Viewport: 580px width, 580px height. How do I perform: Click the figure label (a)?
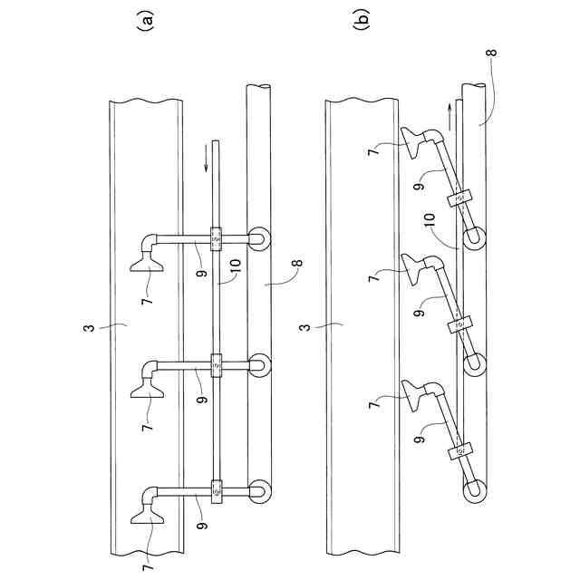(144, 20)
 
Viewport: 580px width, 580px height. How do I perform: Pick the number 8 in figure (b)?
(490, 53)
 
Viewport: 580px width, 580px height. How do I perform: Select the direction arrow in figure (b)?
(450, 116)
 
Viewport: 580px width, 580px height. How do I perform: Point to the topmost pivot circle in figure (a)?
(257, 238)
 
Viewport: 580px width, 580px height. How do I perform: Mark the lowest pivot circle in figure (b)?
(472, 490)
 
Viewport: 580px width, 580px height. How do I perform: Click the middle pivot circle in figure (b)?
(472, 362)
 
